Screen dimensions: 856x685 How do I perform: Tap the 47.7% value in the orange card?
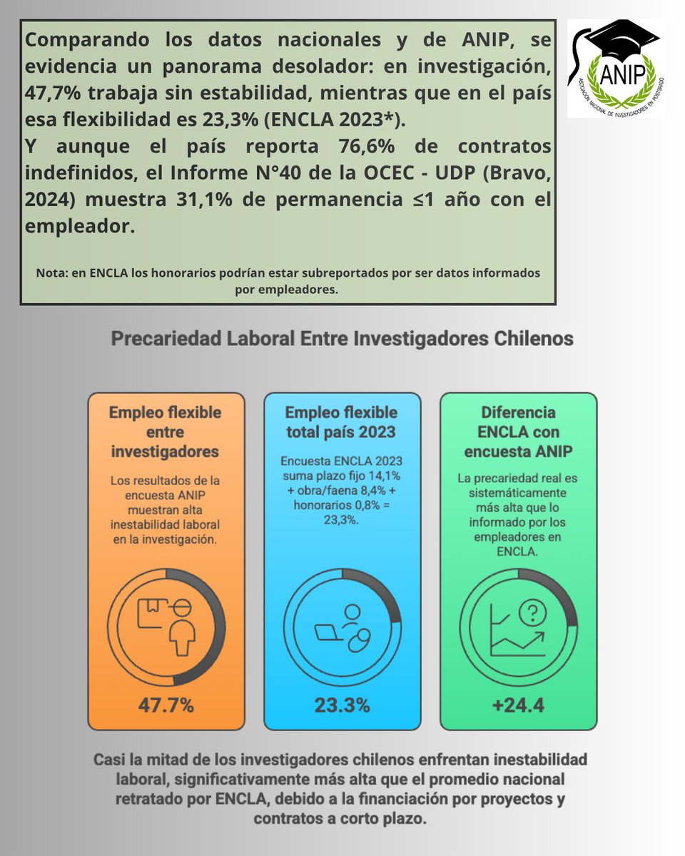click(166, 705)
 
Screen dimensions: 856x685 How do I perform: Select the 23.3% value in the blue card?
click(342, 705)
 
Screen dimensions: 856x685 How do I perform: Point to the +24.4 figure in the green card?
click(518, 705)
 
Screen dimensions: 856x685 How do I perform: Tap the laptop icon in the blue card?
click(330, 631)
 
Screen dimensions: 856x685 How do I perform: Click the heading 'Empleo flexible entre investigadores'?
click(166, 432)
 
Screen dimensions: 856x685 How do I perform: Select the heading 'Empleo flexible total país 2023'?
click(342, 422)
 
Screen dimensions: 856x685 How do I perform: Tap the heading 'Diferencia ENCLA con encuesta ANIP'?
click(518, 432)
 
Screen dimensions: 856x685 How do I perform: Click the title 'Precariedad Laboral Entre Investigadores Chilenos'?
click(342, 338)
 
